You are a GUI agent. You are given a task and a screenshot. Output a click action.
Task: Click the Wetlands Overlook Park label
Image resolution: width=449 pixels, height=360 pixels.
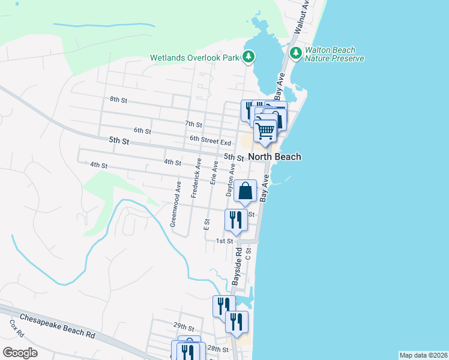[x=194, y=58]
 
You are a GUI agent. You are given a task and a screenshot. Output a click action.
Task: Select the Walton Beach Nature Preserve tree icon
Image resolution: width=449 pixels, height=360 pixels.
[x=295, y=53]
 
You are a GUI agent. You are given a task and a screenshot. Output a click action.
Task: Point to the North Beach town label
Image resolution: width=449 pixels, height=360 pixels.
[x=274, y=157]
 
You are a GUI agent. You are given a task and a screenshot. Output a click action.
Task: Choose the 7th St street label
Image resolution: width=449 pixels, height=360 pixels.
[x=193, y=124]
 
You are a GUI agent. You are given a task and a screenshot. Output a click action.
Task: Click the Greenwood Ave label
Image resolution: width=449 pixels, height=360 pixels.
[x=175, y=204]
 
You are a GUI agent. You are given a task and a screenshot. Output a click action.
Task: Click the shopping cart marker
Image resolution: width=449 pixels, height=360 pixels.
[x=265, y=130]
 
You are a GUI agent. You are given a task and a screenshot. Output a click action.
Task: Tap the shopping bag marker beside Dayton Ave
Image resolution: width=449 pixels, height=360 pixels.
[x=246, y=191]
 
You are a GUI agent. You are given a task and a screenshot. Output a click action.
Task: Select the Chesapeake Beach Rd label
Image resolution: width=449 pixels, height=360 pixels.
[x=58, y=325]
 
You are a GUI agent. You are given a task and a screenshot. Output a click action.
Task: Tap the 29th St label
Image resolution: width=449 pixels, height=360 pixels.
[x=184, y=327]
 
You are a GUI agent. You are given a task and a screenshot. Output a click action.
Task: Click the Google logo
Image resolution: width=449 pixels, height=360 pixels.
[x=20, y=352]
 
